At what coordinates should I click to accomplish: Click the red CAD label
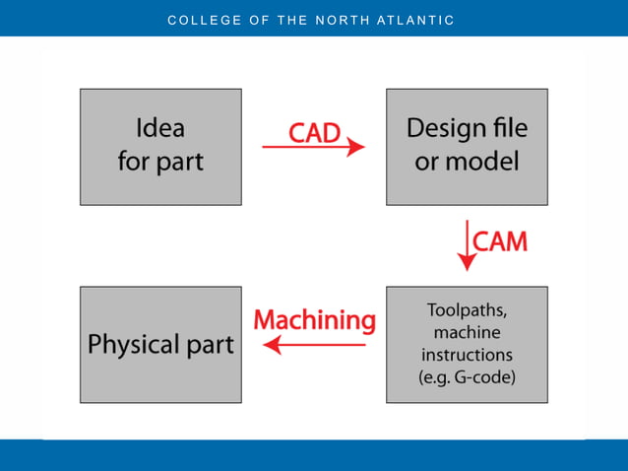pyautogui.click(x=314, y=130)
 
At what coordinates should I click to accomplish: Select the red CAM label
pyautogui.click(x=500, y=241)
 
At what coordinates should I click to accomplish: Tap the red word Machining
pyautogui.click(x=314, y=320)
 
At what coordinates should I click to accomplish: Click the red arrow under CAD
pyautogui.click(x=313, y=148)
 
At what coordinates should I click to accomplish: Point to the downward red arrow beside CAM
pyautogui.click(x=467, y=245)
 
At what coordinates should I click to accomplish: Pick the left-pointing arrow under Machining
pyautogui.click(x=314, y=345)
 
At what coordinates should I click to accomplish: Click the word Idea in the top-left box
pyautogui.click(x=159, y=128)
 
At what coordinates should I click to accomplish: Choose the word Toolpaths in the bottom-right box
pyautogui.click(x=467, y=310)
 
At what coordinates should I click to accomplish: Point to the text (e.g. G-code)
pyautogui.click(x=467, y=377)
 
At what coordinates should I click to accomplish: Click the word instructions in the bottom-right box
pyautogui.click(x=467, y=355)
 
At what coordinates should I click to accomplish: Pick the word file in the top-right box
pyautogui.click(x=510, y=128)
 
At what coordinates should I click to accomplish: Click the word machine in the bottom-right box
pyautogui.click(x=467, y=333)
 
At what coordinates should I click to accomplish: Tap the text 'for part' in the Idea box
pyautogui.click(x=159, y=162)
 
